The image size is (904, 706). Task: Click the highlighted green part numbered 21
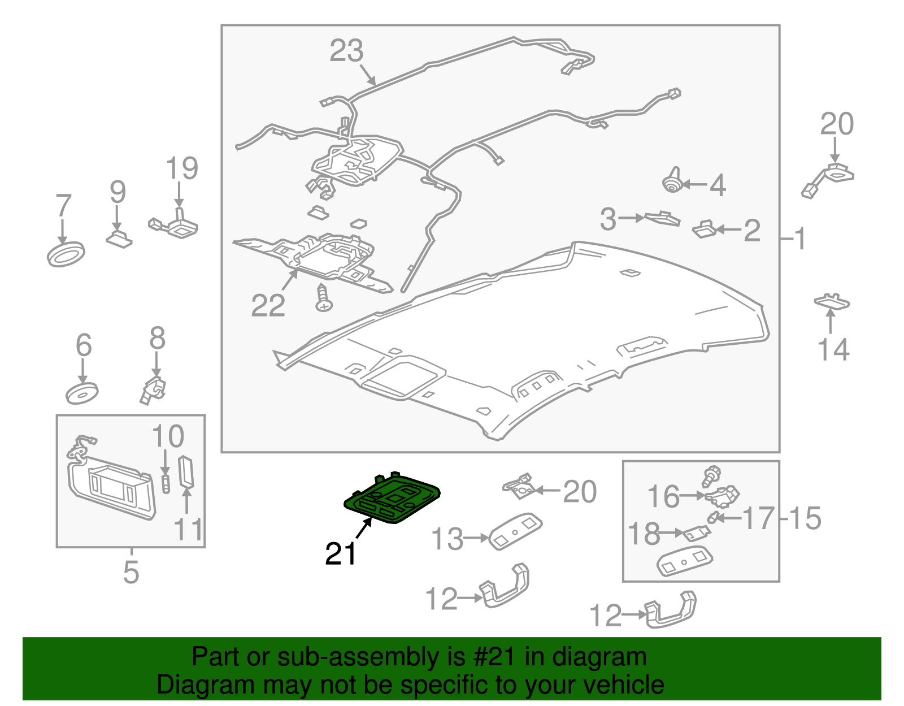click(x=392, y=499)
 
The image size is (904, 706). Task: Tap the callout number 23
click(x=346, y=51)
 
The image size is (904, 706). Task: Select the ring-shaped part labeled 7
click(x=66, y=254)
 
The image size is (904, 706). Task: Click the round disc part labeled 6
click(x=82, y=393)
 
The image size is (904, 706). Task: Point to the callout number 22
click(x=268, y=305)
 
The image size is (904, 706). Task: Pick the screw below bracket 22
click(x=324, y=298)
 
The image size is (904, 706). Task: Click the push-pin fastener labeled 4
click(x=672, y=180)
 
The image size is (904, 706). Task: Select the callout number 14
click(x=833, y=349)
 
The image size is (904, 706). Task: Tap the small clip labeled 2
click(x=704, y=229)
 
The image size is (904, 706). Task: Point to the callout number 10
click(x=168, y=436)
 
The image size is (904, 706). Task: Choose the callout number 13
click(x=447, y=539)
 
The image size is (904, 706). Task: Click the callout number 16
click(x=663, y=496)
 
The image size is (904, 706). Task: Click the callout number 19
click(x=182, y=168)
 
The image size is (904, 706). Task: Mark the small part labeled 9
click(x=119, y=239)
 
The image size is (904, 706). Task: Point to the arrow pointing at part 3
click(x=631, y=218)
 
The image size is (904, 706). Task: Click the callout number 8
click(x=157, y=338)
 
